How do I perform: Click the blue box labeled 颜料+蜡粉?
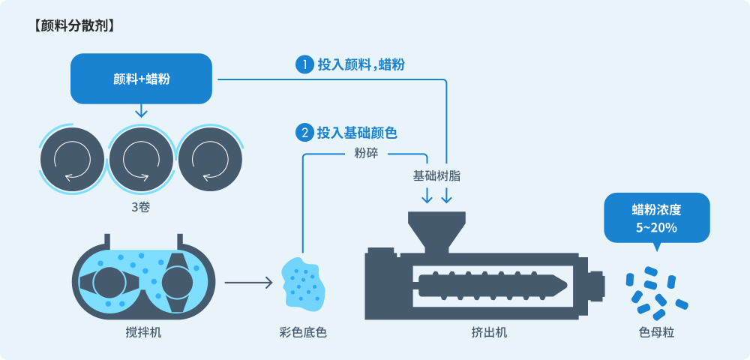[x=141, y=79]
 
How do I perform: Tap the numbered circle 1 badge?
[x=304, y=64]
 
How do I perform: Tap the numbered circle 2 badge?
[x=304, y=133]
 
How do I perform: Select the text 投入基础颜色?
[x=357, y=133]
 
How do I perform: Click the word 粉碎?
[x=366, y=154]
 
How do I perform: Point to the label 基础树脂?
[x=436, y=176]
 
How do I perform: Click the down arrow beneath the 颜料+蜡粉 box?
[x=140, y=111]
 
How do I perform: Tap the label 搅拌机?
[x=143, y=331]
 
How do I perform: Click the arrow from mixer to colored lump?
[x=247, y=283]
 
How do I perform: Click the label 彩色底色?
[x=303, y=331]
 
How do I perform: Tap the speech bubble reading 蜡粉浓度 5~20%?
[x=656, y=217]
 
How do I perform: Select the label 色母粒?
[x=656, y=331]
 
